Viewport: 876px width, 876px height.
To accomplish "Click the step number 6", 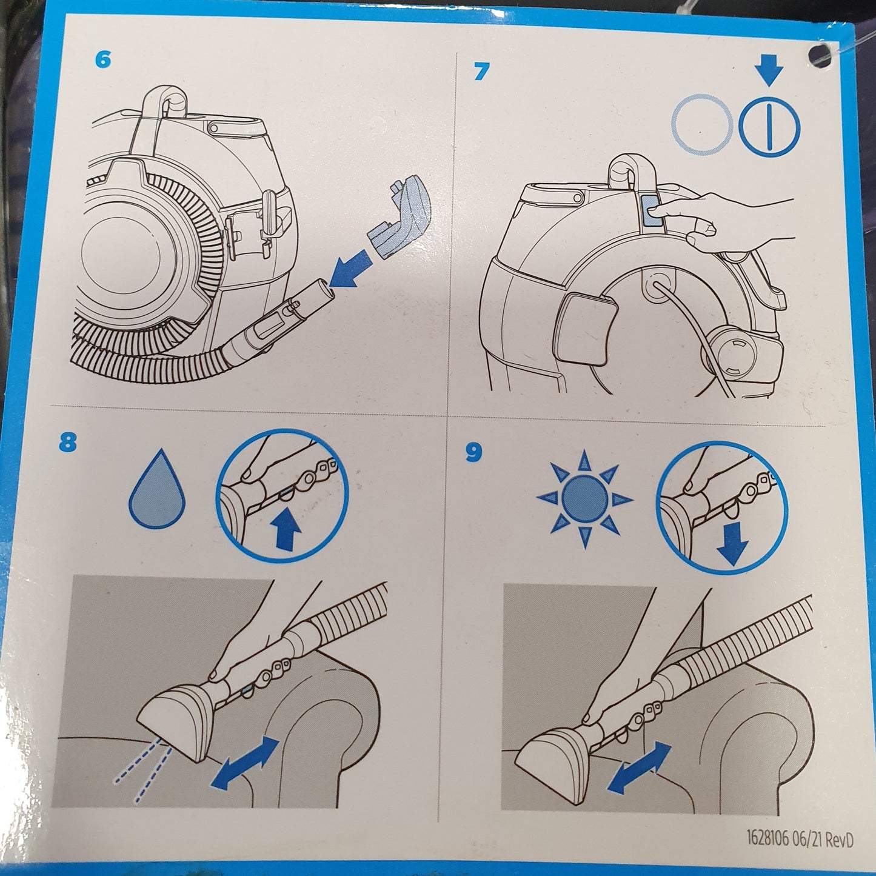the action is tap(103, 59).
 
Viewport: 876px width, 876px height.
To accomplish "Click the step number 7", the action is tap(482, 72).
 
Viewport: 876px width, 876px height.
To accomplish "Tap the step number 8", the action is tap(68, 443).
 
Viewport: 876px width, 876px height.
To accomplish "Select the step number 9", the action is tap(473, 453).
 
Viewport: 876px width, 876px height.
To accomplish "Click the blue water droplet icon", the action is tap(157, 490).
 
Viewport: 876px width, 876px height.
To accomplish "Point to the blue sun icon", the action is tap(584, 499).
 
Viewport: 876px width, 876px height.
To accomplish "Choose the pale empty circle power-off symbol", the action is tap(703, 124).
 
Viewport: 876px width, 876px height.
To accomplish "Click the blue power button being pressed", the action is tap(652, 210).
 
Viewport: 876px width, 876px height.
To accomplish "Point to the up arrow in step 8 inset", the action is tap(285, 528).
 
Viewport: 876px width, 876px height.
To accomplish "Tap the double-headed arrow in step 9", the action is tap(640, 768).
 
